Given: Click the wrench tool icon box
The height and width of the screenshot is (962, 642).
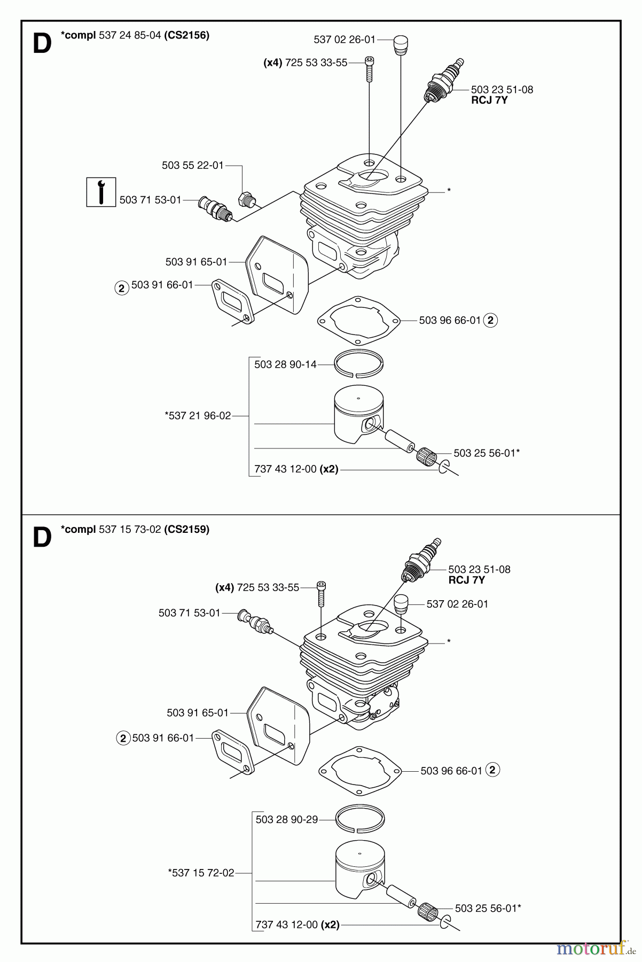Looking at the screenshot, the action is (x=101, y=191).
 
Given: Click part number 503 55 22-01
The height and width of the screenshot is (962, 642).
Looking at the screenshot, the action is (x=193, y=165).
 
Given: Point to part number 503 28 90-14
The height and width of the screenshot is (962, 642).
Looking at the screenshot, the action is (x=285, y=364).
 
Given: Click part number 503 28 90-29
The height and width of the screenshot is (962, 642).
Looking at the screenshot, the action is (x=287, y=819).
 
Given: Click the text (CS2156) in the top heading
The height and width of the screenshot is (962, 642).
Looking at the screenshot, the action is (x=187, y=35).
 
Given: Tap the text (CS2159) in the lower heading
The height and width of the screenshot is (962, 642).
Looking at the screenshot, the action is (x=187, y=530).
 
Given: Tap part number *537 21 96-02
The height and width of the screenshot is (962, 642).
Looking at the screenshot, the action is (x=198, y=415).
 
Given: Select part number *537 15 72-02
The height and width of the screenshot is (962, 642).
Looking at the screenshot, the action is (x=201, y=873).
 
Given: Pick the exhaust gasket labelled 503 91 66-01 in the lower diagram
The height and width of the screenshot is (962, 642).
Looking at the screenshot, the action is (x=233, y=752).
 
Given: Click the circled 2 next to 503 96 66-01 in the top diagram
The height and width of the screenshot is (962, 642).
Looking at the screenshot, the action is (x=490, y=320).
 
